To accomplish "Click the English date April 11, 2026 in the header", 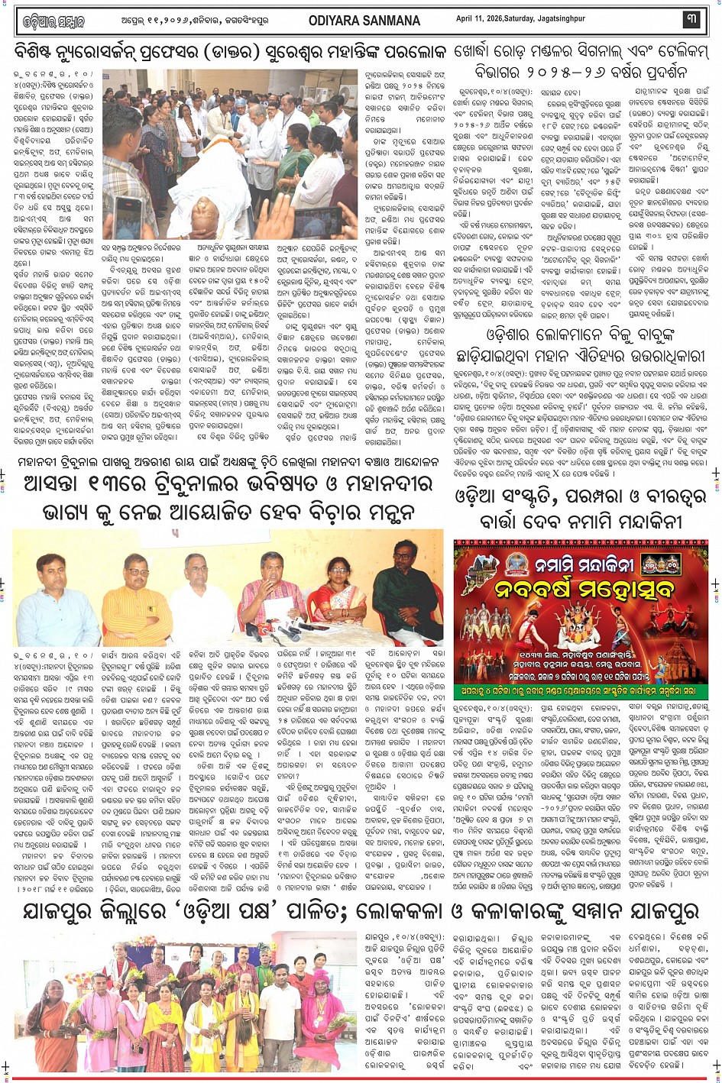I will tap(520, 19).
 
